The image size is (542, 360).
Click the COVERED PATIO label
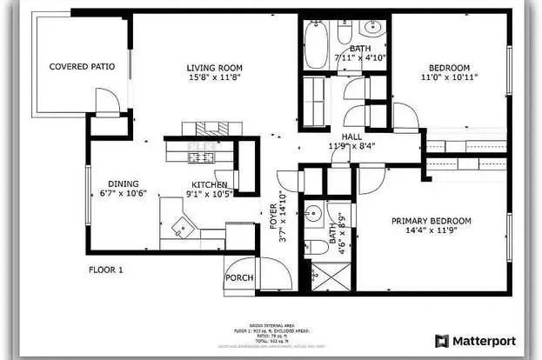point(82,66)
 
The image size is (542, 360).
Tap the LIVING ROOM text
point(214,68)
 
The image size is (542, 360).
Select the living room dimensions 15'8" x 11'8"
point(214,78)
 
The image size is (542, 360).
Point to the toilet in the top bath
point(344,35)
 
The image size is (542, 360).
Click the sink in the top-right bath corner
point(374,27)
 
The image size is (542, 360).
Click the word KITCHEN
point(210,184)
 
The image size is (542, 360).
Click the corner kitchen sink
point(184,229)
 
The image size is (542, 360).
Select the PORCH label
point(238,278)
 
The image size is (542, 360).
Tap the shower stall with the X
point(328,276)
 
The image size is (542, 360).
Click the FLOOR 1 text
point(106,270)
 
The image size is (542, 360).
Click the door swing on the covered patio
point(106,101)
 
